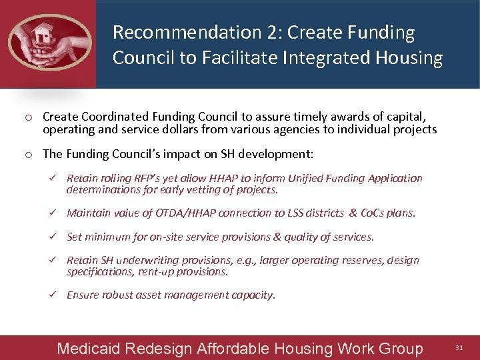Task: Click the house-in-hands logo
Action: click(x=48, y=41)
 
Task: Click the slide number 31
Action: click(x=459, y=347)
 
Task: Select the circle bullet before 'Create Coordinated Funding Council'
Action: click(x=29, y=118)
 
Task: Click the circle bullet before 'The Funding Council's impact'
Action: click(x=29, y=155)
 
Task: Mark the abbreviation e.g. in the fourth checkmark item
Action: click(x=243, y=260)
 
